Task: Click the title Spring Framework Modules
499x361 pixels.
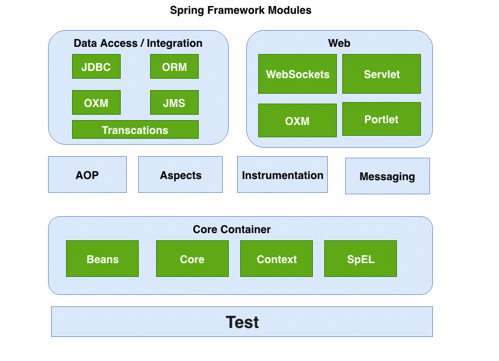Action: [x=241, y=10]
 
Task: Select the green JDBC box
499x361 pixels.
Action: [x=96, y=67]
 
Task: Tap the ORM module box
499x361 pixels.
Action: [x=174, y=67]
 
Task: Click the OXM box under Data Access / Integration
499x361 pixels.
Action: [x=96, y=103]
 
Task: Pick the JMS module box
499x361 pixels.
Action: [x=174, y=103]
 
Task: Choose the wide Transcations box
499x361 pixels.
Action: [x=135, y=130]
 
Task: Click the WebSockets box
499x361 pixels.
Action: [x=297, y=74]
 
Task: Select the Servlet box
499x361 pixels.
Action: [x=381, y=74]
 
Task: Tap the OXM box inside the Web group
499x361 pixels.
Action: [x=297, y=121]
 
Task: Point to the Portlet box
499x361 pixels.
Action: [x=381, y=119]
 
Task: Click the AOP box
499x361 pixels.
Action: [x=87, y=175]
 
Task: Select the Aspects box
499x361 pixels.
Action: [x=180, y=175]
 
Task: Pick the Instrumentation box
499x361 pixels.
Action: [x=282, y=175]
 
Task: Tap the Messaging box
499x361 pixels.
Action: [x=387, y=176]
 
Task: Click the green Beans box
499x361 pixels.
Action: [x=102, y=259]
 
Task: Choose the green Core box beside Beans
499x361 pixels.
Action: [x=192, y=259]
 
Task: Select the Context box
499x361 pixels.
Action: [x=276, y=259]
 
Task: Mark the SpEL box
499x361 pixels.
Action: [x=360, y=259]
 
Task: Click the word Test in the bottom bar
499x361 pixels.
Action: [x=242, y=322]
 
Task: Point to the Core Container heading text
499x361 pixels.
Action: [x=232, y=229]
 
